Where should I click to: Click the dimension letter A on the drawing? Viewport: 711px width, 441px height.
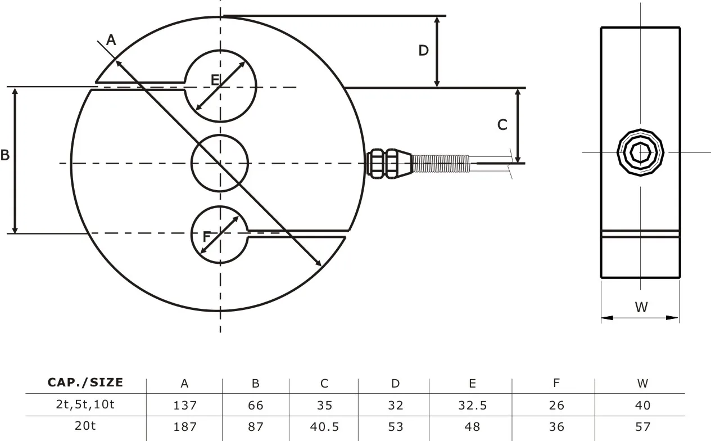click(111, 39)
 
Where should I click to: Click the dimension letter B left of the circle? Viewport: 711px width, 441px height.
click(5, 155)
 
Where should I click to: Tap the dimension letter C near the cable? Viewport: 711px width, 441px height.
click(502, 124)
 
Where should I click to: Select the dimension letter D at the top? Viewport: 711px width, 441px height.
click(423, 51)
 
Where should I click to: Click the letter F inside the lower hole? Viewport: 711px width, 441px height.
click(206, 237)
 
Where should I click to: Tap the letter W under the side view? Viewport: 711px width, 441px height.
click(641, 307)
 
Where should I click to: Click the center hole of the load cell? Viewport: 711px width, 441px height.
click(220, 163)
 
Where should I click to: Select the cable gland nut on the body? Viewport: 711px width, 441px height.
click(382, 163)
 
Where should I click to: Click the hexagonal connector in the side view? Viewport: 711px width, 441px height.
click(640, 152)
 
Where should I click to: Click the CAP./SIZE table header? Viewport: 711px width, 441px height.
click(85, 383)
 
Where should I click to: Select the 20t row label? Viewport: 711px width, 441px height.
click(85, 426)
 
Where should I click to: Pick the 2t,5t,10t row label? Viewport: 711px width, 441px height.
click(85, 404)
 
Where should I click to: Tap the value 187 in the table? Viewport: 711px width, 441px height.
click(185, 426)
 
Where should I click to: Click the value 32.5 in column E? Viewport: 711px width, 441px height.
click(473, 405)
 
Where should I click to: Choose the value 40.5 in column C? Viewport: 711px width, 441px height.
click(324, 426)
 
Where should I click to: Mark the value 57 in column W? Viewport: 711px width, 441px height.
click(642, 426)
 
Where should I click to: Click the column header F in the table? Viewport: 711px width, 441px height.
click(556, 384)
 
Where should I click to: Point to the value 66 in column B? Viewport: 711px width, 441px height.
click(255, 405)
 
